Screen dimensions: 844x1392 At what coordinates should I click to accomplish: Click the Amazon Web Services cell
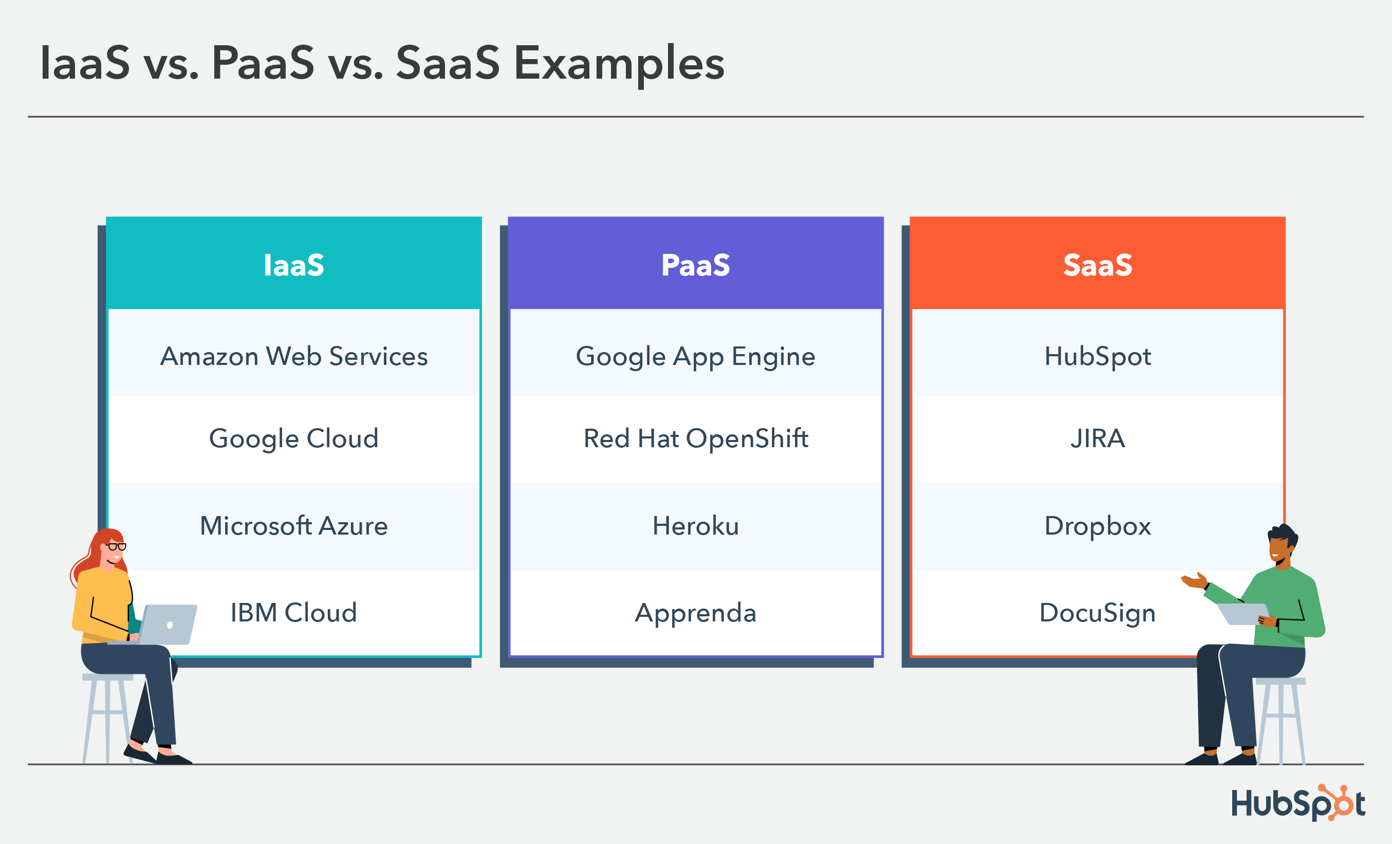click(x=294, y=356)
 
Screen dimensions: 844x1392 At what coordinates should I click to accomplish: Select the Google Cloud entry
click(x=294, y=438)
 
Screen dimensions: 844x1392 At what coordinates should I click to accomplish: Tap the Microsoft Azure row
click(x=294, y=526)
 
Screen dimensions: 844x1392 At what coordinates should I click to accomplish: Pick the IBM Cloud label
click(x=294, y=613)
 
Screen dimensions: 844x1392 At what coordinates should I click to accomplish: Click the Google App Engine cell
click(x=695, y=356)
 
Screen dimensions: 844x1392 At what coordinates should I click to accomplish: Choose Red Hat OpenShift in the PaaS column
click(x=695, y=438)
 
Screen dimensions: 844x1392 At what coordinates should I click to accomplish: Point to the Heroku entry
click(x=695, y=526)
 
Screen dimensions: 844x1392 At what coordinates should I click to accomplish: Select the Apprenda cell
click(x=695, y=613)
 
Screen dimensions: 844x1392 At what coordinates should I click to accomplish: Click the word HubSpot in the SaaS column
click(x=1097, y=356)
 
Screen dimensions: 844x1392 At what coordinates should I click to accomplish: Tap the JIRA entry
click(x=1097, y=438)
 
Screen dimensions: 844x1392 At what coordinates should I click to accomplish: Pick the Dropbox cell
click(x=1097, y=526)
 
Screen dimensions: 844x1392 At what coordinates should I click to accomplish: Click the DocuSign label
click(x=1097, y=613)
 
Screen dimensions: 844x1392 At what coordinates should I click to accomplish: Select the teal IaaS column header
click(x=294, y=265)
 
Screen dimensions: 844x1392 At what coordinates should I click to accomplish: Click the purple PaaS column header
click(x=695, y=265)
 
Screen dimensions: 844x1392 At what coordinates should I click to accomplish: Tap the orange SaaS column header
click(x=1097, y=265)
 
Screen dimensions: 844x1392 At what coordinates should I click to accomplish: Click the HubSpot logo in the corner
click(x=1298, y=803)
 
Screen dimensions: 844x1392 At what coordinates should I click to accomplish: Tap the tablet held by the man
click(x=1243, y=614)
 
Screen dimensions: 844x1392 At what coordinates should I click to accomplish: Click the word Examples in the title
click(x=619, y=63)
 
